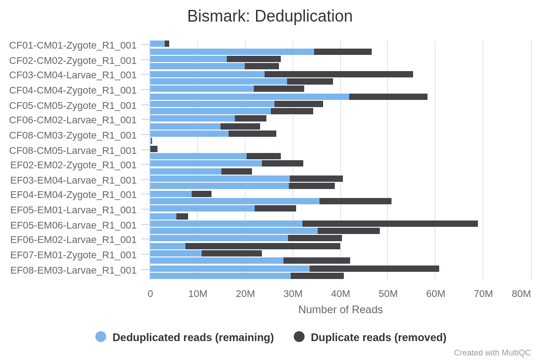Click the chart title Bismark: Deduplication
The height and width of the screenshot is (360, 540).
[270, 16]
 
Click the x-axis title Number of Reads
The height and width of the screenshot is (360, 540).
[340, 310]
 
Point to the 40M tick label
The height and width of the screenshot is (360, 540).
[340, 294]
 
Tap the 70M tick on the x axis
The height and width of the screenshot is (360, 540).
[483, 294]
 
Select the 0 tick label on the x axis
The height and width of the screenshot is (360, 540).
[150, 294]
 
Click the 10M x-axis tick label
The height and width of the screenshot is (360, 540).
[198, 294]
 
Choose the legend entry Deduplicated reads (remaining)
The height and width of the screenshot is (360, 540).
[193, 337]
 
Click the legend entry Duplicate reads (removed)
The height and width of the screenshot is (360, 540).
[378, 337]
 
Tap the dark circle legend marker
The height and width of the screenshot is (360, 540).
[299, 337]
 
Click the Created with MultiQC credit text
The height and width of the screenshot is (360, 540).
[492, 353]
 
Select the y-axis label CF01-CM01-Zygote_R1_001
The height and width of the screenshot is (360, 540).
[73, 45]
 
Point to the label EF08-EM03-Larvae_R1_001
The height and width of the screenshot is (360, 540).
[73, 270]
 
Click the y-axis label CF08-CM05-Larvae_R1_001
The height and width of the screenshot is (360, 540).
[73, 150]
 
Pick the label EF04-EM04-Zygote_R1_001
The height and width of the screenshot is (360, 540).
[73, 195]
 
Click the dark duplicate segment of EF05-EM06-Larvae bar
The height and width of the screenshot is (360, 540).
[390, 224]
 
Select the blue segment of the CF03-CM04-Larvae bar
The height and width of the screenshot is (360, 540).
[207, 74]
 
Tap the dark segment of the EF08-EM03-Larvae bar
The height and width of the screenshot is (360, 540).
[374, 269]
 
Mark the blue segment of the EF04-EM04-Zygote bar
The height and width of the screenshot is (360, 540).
[171, 194]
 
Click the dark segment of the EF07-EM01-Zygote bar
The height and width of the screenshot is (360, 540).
[231, 253]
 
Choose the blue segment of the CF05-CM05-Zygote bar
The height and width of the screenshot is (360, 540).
[212, 104]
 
